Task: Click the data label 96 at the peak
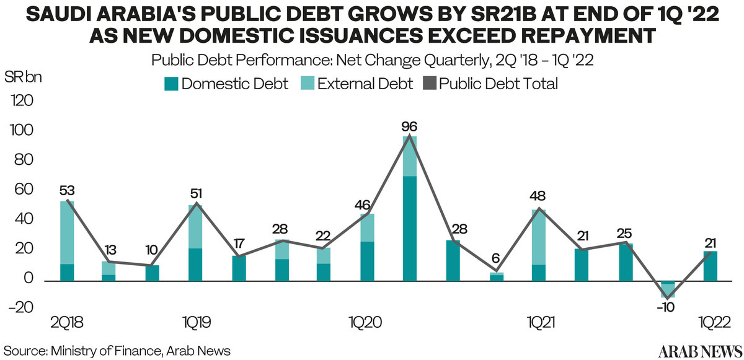coord(409,127)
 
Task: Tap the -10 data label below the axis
coord(666,307)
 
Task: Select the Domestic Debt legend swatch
coord(171,84)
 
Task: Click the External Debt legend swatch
coord(308,84)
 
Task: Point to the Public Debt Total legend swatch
coord(430,84)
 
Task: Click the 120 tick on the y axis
coord(22,100)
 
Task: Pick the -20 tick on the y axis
coord(21,307)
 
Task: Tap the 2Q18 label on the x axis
coord(67,322)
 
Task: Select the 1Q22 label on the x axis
coord(714,322)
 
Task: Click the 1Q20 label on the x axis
coord(366,322)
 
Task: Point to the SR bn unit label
coord(24,77)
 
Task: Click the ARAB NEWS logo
coord(700,351)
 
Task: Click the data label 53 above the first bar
coord(67,191)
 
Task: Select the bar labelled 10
coord(153,273)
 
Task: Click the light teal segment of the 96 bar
coord(410,156)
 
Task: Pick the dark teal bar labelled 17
coord(239,268)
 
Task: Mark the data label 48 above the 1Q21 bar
coord(538,196)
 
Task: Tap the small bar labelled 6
coord(497,277)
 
